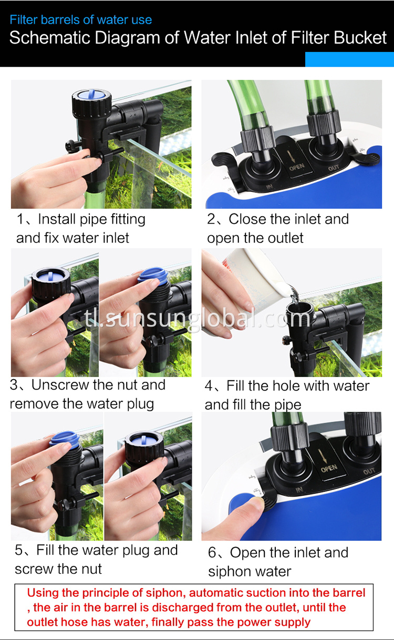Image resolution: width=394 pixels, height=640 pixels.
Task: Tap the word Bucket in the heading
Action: click(361, 38)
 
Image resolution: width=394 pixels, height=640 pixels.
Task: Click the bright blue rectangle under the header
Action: click(349, 59)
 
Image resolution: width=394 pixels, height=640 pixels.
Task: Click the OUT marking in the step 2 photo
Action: click(334, 169)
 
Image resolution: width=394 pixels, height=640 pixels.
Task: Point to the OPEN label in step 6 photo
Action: click(328, 468)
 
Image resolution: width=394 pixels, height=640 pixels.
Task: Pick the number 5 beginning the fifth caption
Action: click(19, 551)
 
